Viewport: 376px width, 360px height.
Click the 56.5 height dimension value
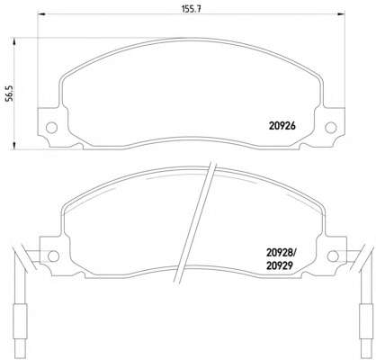click(x=10, y=94)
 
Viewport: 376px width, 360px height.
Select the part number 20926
click(x=282, y=126)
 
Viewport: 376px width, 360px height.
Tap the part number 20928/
click(x=282, y=254)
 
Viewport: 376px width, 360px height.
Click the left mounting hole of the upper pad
click(x=51, y=128)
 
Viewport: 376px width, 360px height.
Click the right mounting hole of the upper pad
click(x=331, y=128)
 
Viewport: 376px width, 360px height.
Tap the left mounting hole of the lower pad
click(x=54, y=256)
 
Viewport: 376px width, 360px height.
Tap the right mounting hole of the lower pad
click(x=333, y=256)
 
